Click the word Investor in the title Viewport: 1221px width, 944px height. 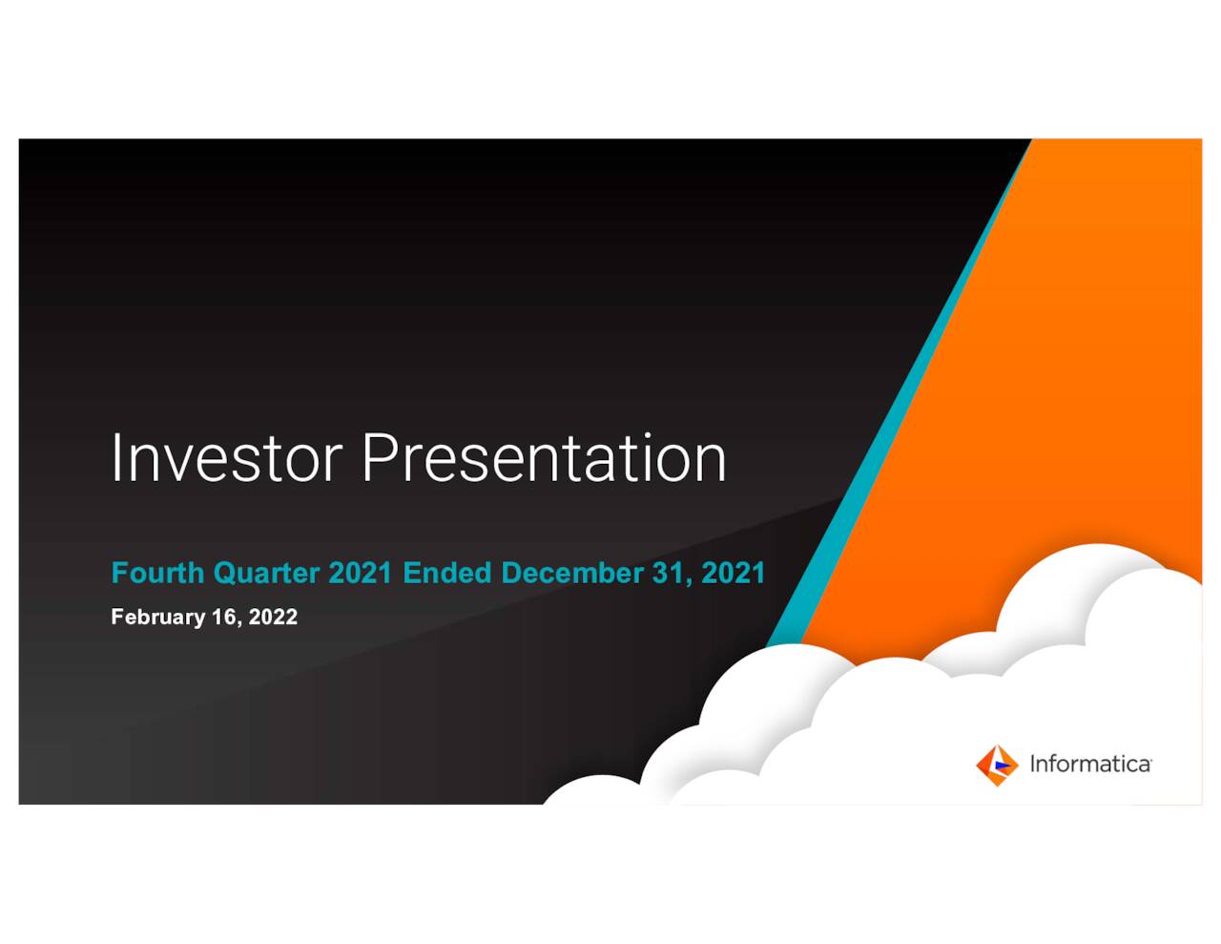[225, 458]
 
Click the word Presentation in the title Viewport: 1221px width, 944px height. [544, 458]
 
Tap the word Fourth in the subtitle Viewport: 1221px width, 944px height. [157, 573]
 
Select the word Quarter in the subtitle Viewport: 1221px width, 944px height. [266, 573]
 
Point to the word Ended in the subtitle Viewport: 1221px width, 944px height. [446, 573]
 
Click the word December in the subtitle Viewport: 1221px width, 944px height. [572, 573]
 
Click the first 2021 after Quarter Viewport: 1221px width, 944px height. [360, 573]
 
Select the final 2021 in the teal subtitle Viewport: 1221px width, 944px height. [733, 573]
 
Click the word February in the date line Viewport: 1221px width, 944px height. [157, 617]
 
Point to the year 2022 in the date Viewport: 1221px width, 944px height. [273, 617]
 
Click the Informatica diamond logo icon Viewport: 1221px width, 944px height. [997, 765]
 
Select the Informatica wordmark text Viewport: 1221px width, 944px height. [1089, 765]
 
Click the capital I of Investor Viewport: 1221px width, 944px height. [115, 458]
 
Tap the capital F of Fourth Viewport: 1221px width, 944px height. [119, 573]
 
